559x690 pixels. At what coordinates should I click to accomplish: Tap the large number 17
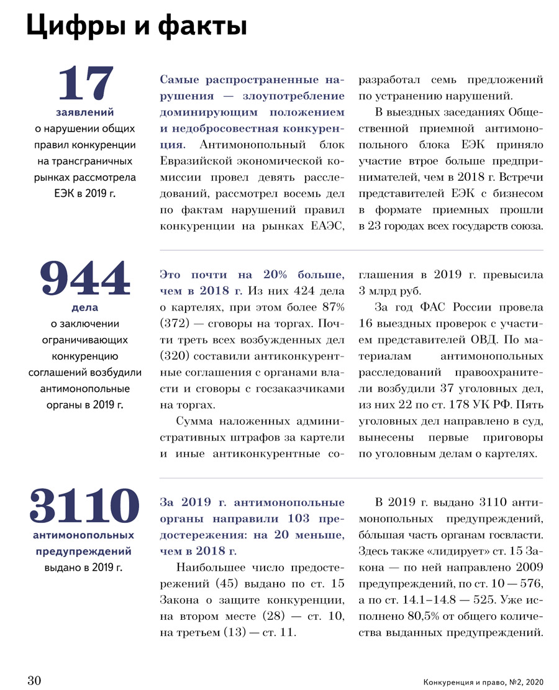click(x=86, y=84)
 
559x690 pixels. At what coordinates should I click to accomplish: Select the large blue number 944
click(x=86, y=279)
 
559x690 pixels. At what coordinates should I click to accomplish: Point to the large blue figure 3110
click(x=84, y=506)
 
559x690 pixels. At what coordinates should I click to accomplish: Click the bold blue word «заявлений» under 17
click(x=85, y=112)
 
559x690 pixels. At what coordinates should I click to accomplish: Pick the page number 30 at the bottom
click(x=34, y=680)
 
